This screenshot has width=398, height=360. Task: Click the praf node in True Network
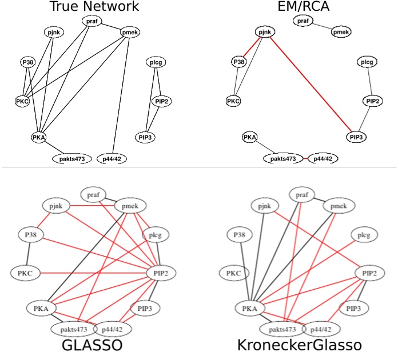coord(91,21)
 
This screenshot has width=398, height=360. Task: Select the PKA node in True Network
coord(39,137)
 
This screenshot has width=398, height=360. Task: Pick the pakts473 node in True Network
coord(72,158)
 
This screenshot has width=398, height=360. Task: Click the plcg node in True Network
coord(154,62)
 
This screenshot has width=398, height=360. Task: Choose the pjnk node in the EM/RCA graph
coord(262,33)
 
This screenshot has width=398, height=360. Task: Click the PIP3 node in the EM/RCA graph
coord(356,137)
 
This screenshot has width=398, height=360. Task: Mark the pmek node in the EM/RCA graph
coord(341,33)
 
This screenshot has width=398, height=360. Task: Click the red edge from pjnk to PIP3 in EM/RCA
coord(309,85)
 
